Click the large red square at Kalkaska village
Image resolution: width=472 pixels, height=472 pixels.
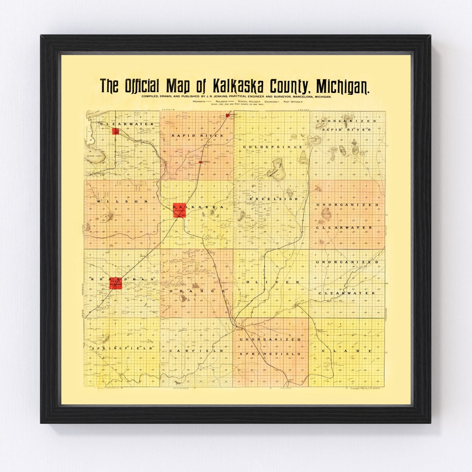[179, 210]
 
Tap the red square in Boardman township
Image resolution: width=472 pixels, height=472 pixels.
[115, 283]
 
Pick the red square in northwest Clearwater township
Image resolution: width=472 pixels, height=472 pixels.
[115, 131]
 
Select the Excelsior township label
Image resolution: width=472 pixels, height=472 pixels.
[274, 199]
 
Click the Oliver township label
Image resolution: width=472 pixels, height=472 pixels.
[274, 282]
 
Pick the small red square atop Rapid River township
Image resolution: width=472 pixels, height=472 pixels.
[228, 115]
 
